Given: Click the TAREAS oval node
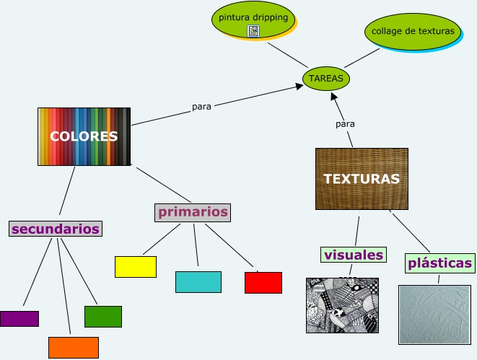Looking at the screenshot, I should pyautogui.click(x=326, y=78).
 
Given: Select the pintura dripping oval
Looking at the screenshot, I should pyautogui.click(x=253, y=19).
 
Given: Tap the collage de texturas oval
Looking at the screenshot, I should pyautogui.click(x=413, y=31).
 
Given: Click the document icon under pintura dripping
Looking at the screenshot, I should pyautogui.click(x=253, y=30).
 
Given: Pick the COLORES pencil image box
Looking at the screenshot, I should pyautogui.click(x=84, y=136).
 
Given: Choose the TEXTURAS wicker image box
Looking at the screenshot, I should pyautogui.click(x=362, y=178).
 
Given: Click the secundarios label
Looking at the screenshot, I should pyautogui.click(x=56, y=229).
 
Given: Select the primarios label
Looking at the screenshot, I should pyautogui.click(x=193, y=212).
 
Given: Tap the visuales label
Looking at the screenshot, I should pyautogui.click(x=354, y=255).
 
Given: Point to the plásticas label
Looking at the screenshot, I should pyautogui.click(x=439, y=263).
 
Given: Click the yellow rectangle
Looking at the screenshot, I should pyautogui.click(x=136, y=267).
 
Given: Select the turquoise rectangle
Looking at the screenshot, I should pyautogui.click(x=198, y=281).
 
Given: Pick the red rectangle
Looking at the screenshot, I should pyautogui.click(x=263, y=283).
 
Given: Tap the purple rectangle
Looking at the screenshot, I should pyautogui.click(x=19, y=319).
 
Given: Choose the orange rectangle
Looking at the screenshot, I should pyautogui.click(x=74, y=347).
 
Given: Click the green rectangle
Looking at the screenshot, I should pyautogui.click(x=103, y=316).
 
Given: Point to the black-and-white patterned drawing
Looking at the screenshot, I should pyautogui.click(x=342, y=305).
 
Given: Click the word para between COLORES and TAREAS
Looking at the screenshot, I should pyautogui.click(x=202, y=107).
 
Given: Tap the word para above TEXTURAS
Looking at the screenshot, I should pyautogui.click(x=346, y=124).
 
